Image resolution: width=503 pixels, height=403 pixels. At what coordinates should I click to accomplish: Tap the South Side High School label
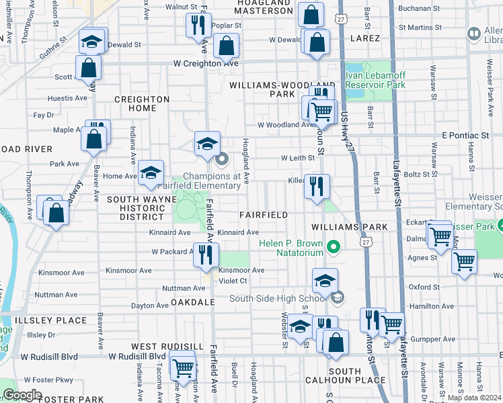(280, 299)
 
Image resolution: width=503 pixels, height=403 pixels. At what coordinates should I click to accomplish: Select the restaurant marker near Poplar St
(196, 26)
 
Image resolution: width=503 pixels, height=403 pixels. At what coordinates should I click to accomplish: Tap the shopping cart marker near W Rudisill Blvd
(183, 367)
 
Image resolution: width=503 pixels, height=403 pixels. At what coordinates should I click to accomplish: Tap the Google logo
(22, 394)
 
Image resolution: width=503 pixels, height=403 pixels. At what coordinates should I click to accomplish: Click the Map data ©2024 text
(474, 398)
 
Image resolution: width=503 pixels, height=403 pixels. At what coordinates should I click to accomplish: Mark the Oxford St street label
(424, 287)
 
